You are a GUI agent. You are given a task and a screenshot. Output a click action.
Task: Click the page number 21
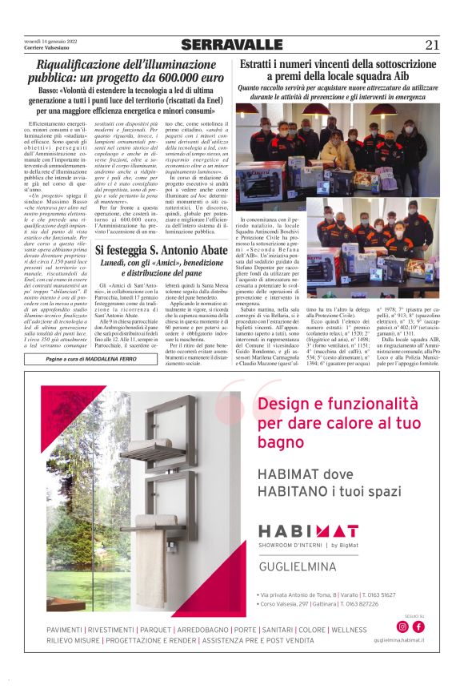(432, 45)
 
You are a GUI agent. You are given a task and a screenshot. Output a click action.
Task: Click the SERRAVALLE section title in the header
(232, 45)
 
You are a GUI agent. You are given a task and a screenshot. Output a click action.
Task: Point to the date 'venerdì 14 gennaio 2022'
(49, 42)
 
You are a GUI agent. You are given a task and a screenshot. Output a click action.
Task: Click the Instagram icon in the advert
(402, 627)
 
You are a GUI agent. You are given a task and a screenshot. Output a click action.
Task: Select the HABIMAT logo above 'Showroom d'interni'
(308, 530)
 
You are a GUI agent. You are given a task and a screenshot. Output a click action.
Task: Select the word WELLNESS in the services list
(348, 630)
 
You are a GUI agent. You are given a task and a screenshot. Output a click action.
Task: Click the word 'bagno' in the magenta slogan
(280, 443)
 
